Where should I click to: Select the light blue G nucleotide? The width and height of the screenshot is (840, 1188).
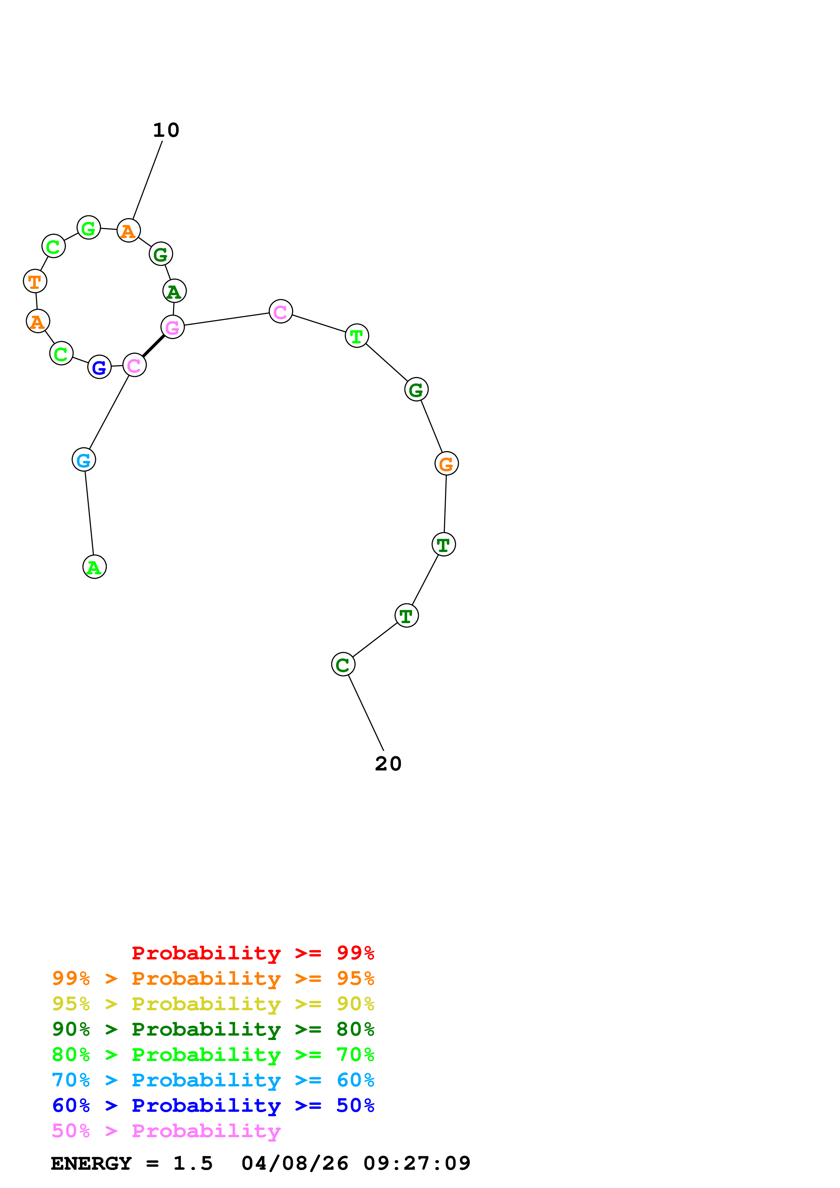[x=84, y=460]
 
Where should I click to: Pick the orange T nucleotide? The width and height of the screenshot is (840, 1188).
[x=35, y=281]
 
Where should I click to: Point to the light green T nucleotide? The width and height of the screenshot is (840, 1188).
[x=356, y=336]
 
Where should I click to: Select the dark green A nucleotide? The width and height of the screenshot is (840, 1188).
[x=175, y=291]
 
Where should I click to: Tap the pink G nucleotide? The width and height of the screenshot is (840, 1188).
[x=172, y=327]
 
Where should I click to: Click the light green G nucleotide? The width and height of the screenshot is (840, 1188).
[x=88, y=227]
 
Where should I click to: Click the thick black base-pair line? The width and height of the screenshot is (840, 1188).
[x=153, y=346]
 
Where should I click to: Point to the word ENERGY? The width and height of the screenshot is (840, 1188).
[x=91, y=1164]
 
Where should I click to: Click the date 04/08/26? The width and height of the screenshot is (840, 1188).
[x=294, y=1164]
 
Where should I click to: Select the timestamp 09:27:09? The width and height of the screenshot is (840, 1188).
[x=417, y=1164]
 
